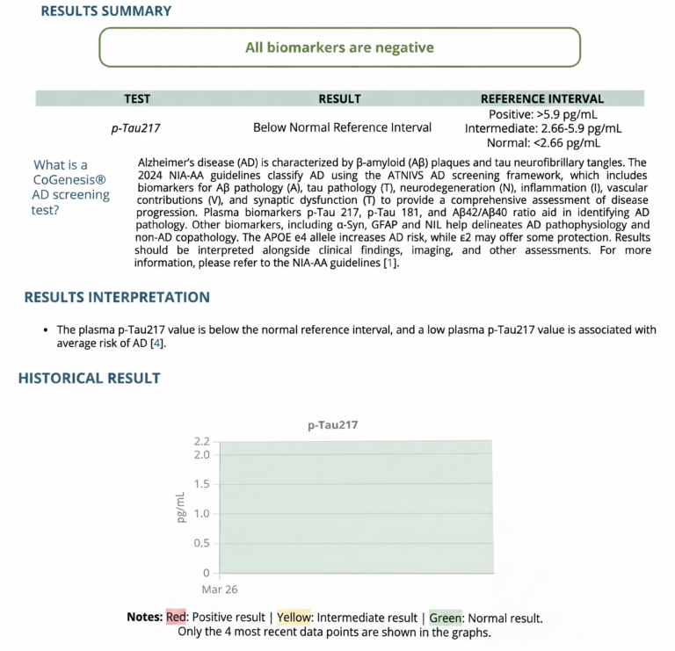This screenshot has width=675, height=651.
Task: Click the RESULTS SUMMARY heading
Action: [106, 11]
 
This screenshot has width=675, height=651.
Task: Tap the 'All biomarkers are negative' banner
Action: [339, 47]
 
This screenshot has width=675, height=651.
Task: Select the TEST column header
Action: [142, 99]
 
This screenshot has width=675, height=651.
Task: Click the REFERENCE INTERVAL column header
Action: [541, 99]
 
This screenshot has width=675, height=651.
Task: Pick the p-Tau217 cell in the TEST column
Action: [135, 128]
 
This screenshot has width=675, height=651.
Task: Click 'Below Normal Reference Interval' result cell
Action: [342, 127]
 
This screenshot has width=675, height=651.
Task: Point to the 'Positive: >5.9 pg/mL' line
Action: [542, 114]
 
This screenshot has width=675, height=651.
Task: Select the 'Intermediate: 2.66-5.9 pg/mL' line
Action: [542, 128]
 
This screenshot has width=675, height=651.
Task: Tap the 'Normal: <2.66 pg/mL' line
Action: [542, 142]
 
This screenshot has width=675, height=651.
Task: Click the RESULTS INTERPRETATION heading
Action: [117, 298]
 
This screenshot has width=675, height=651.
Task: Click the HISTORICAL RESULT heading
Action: [90, 378]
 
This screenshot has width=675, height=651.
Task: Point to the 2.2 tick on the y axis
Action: [201, 441]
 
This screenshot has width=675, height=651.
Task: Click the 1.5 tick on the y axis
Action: [201, 484]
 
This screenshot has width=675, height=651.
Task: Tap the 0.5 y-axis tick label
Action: [201, 542]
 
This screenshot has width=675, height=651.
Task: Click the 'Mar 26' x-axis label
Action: [220, 589]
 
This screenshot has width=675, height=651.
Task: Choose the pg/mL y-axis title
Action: [181, 507]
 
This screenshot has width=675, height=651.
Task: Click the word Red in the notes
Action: [176, 618]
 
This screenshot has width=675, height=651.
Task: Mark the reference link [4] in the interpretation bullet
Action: [156, 344]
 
